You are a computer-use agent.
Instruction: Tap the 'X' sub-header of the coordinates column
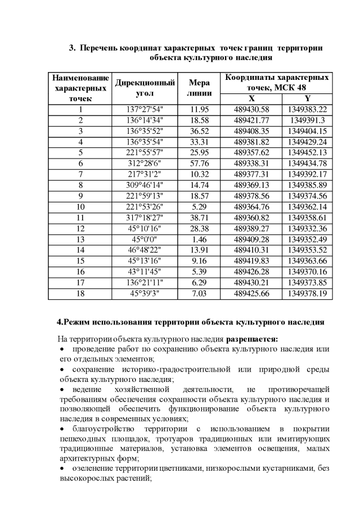(251, 98)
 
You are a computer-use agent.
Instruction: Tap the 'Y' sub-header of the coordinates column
(307, 98)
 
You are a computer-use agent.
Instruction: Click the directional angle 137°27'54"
(145, 109)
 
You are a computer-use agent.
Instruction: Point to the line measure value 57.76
(200, 163)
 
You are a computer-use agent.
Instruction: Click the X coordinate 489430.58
(251, 109)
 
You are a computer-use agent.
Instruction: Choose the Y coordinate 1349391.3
(307, 120)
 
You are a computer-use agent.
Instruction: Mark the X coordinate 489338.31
(251, 163)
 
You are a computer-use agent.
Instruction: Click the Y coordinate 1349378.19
(307, 294)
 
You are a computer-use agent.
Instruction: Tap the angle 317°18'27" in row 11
(145, 218)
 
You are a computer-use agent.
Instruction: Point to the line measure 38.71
(200, 218)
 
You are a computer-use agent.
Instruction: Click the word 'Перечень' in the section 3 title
(98, 48)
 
